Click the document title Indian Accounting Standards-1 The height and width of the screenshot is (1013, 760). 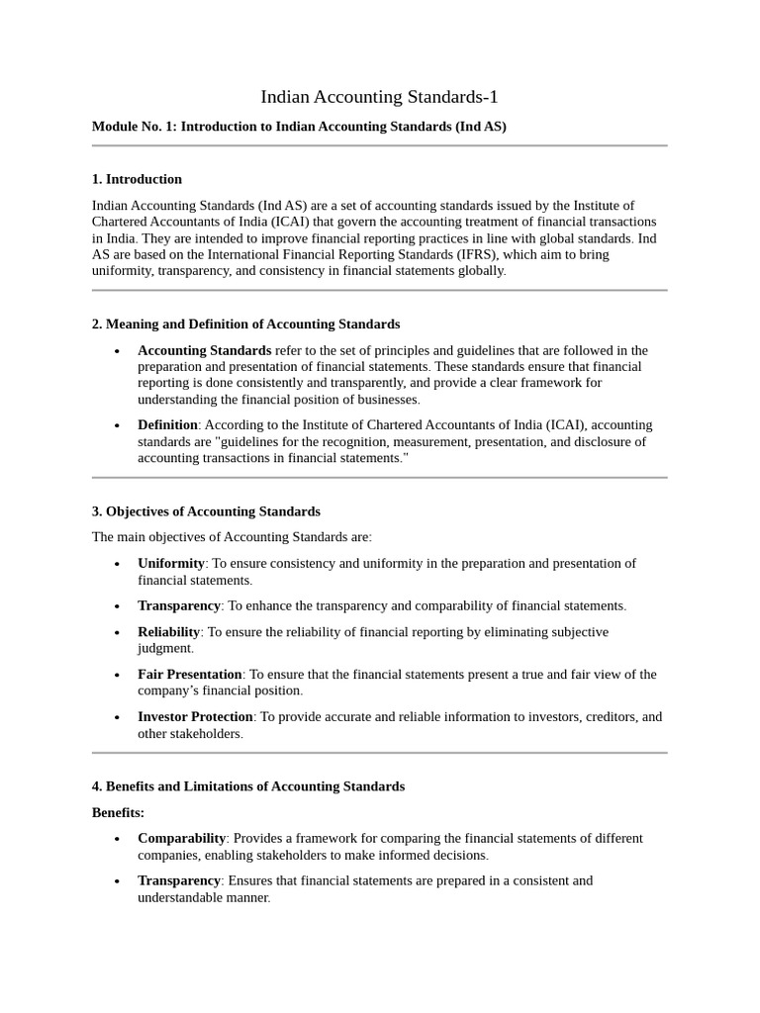(380, 97)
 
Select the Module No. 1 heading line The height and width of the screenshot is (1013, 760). (299, 127)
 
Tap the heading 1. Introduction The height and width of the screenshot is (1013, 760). (137, 179)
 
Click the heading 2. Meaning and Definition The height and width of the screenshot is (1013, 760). (245, 323)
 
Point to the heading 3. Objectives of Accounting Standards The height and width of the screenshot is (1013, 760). (206, 511)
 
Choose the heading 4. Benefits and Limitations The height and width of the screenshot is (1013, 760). (247, 786)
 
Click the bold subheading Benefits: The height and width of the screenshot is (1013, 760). (118, 812)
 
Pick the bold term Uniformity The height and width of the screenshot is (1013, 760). (171, 563)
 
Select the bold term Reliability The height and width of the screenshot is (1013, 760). (169, 631)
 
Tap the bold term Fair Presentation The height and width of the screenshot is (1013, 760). (190, 674)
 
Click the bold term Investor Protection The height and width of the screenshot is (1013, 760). (196, 716)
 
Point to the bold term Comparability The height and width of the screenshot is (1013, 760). (182, 838)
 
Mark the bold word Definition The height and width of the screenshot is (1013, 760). (168, 424)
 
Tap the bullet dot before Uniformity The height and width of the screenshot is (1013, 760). (117, 564)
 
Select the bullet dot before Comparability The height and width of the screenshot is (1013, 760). (117, 839)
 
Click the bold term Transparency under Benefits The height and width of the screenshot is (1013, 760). (179, 880)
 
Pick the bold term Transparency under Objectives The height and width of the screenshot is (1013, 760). (179, 605)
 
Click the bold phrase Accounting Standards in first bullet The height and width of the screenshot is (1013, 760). (205, 350)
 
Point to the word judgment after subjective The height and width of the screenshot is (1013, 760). (164, 648)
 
